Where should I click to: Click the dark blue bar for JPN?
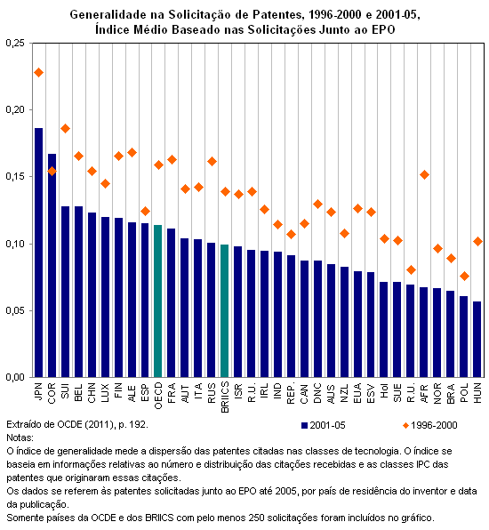[x=38, y=253]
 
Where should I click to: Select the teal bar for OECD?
[x=158, y=301]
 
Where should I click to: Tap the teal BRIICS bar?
[x=224, y=311]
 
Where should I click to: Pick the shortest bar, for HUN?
[x=477, y=340]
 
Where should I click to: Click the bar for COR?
[x=52, y=266]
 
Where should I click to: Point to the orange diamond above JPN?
[x=38, y=72]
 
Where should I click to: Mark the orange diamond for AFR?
[x=424, y=175]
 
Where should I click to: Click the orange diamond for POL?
[x=464, y=277]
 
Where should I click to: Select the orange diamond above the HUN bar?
[x=477, y=241]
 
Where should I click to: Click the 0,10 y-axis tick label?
[x=15, y=244]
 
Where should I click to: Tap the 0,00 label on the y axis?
[x=15, y=377]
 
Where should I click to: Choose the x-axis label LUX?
[x=105, y=393]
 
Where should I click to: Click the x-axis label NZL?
[x=344, y=393]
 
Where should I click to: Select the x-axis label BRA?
[x=451, y=393]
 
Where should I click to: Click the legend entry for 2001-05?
[x=323, y=425]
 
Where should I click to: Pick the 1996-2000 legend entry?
[x=429, y=425]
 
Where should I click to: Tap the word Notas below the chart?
[x=20, y=438]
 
